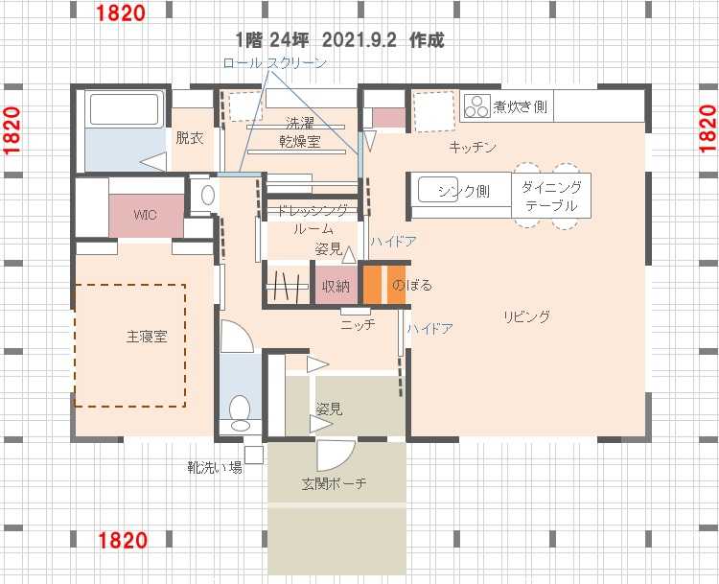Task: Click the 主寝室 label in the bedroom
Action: (x=147, y=337)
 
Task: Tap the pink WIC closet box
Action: (x=147, y=216)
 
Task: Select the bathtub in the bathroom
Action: (x=127, y=108)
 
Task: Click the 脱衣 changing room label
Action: (x=190, y=138)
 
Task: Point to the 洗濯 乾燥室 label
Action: (x=300, y=132)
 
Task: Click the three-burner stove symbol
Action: (x=476, y=106)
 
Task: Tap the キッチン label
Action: (x=473, y=148)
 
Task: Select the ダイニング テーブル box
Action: (x=551, y=195)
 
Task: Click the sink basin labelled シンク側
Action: (x=438, y=189)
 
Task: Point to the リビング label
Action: (x=526, y=316)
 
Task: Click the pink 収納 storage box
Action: (x=336, y=286)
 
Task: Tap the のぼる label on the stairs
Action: (x=412, y=286)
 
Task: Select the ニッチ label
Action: (x=358, y=325)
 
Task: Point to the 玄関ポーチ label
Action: (x=334, y=483)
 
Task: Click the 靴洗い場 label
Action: (x=215, y=467)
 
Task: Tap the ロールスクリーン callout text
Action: (x=274, y=63)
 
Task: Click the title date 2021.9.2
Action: (x=359, y=40)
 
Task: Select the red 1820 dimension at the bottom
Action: (x=123, y=540)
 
